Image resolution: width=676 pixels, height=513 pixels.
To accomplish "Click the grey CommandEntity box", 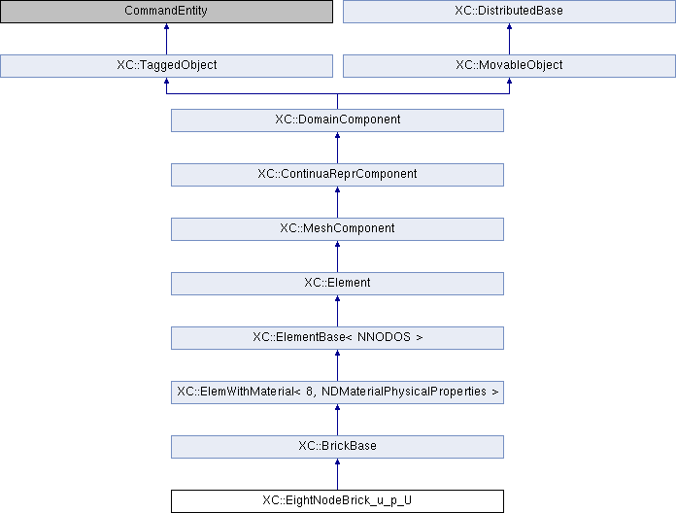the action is tap(166, 12).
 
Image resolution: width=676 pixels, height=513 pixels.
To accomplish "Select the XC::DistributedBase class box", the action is tap(509, 12).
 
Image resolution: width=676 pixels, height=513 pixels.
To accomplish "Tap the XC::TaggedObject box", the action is tap(166, 66).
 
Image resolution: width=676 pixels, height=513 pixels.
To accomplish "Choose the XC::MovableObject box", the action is tap(509, 66).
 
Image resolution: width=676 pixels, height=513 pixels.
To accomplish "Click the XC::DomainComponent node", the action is tap(337, 120).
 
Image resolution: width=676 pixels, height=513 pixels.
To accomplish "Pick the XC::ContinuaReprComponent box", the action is tap(337, 175).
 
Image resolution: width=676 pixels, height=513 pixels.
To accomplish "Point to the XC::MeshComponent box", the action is tap(337, 229).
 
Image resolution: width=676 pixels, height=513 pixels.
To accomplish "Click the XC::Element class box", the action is tap(337, 284).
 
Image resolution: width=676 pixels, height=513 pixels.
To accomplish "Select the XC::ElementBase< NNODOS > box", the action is tap(337, 338).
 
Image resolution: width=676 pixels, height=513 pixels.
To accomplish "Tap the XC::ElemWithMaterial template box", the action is tap(337, 393).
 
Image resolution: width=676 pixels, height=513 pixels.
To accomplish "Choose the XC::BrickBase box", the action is tap(337, 447).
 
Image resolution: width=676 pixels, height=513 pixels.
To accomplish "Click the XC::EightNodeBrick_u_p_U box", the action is tap(337, 501).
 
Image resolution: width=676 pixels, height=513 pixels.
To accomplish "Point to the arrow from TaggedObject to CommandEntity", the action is tap(166, 39).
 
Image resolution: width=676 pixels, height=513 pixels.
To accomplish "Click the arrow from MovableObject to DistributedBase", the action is tap(509, 39).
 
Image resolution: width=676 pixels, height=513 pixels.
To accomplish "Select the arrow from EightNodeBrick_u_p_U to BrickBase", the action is tap(337, 474).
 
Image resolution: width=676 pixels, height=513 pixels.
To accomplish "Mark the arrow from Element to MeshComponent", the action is tap(337, 256).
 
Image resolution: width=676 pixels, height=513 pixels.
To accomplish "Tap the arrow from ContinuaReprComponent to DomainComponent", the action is tap(337, 148).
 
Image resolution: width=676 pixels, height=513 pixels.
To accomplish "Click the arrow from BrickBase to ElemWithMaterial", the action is tap(337, 420).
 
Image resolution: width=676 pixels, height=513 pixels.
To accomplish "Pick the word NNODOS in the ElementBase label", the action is tap(384, 337).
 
